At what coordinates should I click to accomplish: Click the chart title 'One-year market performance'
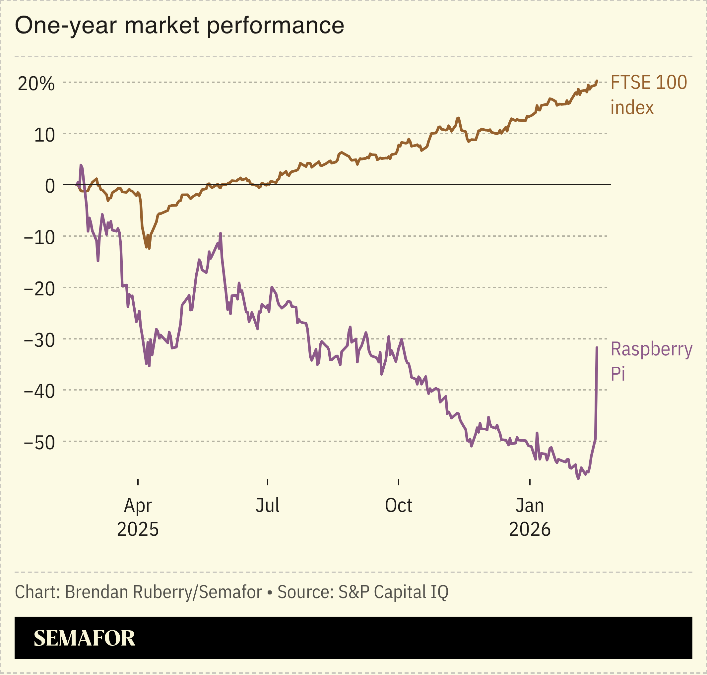(179, 26)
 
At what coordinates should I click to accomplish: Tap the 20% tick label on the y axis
(36, 84)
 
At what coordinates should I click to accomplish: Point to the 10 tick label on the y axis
(44, 135)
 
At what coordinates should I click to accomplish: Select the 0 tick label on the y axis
(50, 186)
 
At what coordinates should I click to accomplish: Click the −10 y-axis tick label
(39, 238)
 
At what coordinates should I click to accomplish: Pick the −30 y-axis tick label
(39, 340)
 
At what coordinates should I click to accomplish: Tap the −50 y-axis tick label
(39, 443)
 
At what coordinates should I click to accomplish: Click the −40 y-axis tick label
(39, 392)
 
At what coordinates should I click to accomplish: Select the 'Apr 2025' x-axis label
(138, 518)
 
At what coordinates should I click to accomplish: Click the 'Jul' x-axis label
(268, 506)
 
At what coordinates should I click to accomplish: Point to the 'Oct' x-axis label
(398, 506)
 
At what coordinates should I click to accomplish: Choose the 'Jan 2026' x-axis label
(530, 518)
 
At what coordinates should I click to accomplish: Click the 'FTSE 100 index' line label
(648, 95)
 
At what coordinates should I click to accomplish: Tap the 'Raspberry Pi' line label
(651, 361)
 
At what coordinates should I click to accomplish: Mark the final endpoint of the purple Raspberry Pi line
(597, 347)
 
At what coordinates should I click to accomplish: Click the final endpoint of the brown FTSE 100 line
(597, 81)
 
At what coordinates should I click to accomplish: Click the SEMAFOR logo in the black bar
(84, 638)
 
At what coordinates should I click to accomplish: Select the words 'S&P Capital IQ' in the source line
(393, 592)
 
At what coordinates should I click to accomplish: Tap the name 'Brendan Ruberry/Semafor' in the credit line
(163, 592)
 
